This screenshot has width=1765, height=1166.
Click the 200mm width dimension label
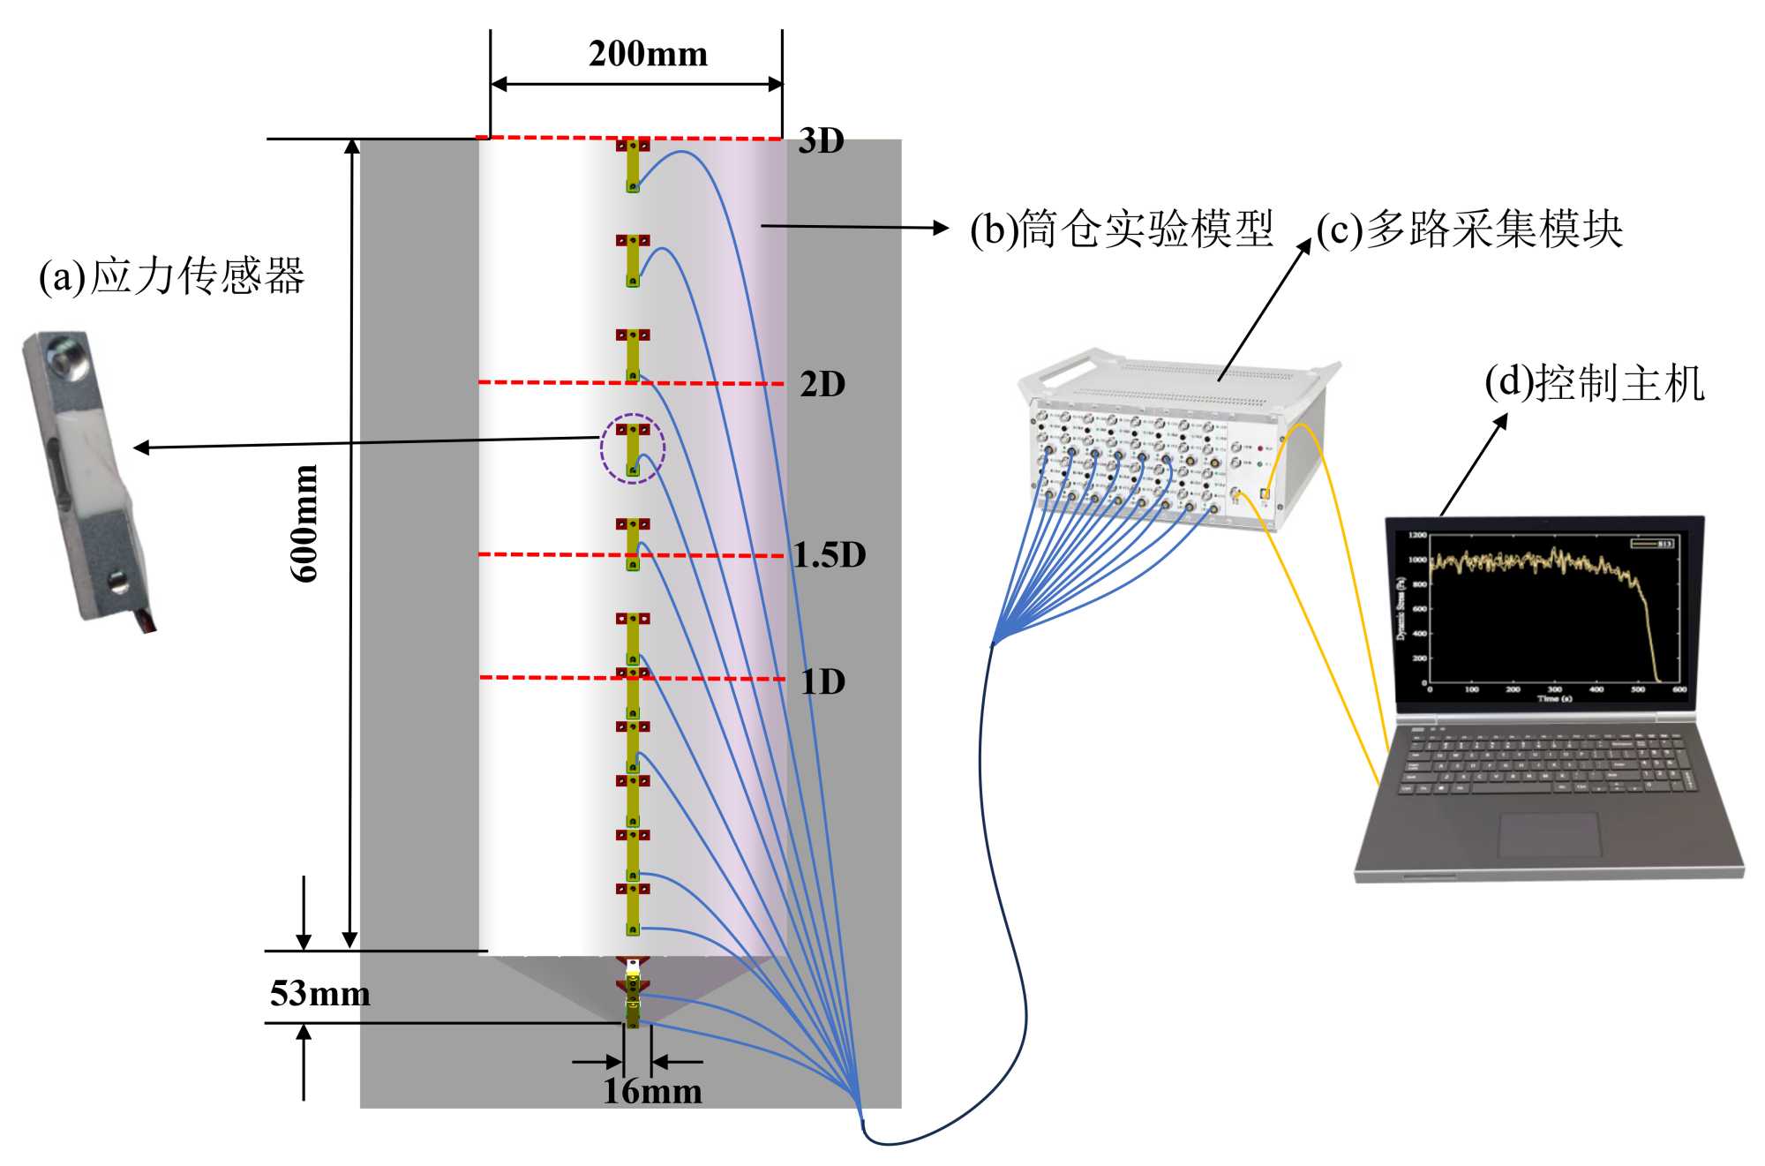click(x=648, y=54)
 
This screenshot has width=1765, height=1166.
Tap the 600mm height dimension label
click(x=304, y=523)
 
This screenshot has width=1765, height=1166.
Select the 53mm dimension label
click(x=319, y=994)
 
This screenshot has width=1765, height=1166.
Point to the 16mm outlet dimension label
click(x=652, y=1092)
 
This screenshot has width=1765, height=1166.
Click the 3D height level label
click(x=821, y=141)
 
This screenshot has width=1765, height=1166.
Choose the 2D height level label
click(x=822, y=384)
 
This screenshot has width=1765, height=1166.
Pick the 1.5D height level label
click(x=829, y=554)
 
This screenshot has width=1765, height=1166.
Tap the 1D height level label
click(x=822, y=681)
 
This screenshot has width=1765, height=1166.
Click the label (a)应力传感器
click(x=171, y=275)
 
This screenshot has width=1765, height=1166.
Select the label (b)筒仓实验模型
click(x=1121, y=229)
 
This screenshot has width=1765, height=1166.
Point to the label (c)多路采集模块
click(x=1469, y=229)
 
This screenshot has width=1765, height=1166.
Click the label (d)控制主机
click(x=1594, y=383)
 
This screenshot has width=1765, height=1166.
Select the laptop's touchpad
click(x=1549, y=834)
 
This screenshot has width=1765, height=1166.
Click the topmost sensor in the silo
click(x=633, y=165)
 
